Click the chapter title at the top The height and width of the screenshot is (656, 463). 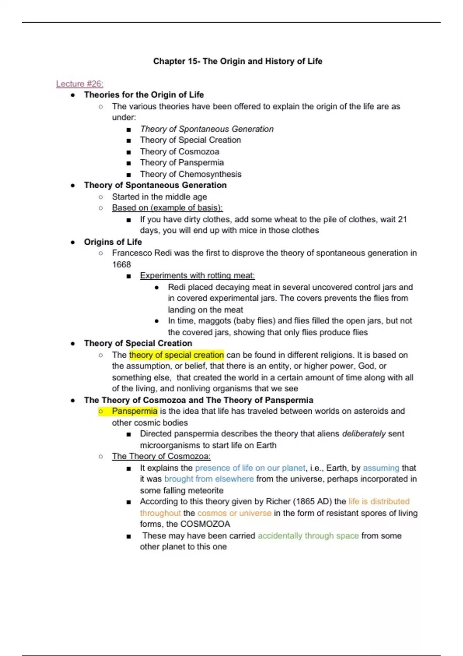click(x=238, y=61)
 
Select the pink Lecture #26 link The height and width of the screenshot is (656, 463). click(x=79, y=84)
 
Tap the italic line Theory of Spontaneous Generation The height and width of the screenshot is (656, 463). click(x=207, y=129)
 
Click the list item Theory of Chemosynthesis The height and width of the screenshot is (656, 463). click(x=191, y=174)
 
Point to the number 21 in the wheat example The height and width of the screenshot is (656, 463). click(x=402, y=219)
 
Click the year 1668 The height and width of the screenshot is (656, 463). click(x=122, y=264)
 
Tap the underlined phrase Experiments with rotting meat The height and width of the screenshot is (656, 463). click(x=197, y=276)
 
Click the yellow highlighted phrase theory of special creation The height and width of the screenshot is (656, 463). click(x=176, y=355)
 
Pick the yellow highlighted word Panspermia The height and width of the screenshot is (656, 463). click(x=135, y=411)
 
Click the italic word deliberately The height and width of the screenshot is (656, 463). click(x=364, y=434)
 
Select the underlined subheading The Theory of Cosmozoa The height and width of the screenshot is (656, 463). click(x=161, y=456)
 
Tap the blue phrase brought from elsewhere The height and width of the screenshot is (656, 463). click(x=209, y=479)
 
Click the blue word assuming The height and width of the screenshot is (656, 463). click(x=381, y=468)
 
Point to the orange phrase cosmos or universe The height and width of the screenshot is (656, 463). click(x=234, y=513)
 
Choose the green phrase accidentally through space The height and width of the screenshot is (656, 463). click(x=308, y=536)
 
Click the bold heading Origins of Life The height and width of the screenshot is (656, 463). click(x=113, y=242)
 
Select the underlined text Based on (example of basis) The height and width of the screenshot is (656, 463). click(x=167, y=208)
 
